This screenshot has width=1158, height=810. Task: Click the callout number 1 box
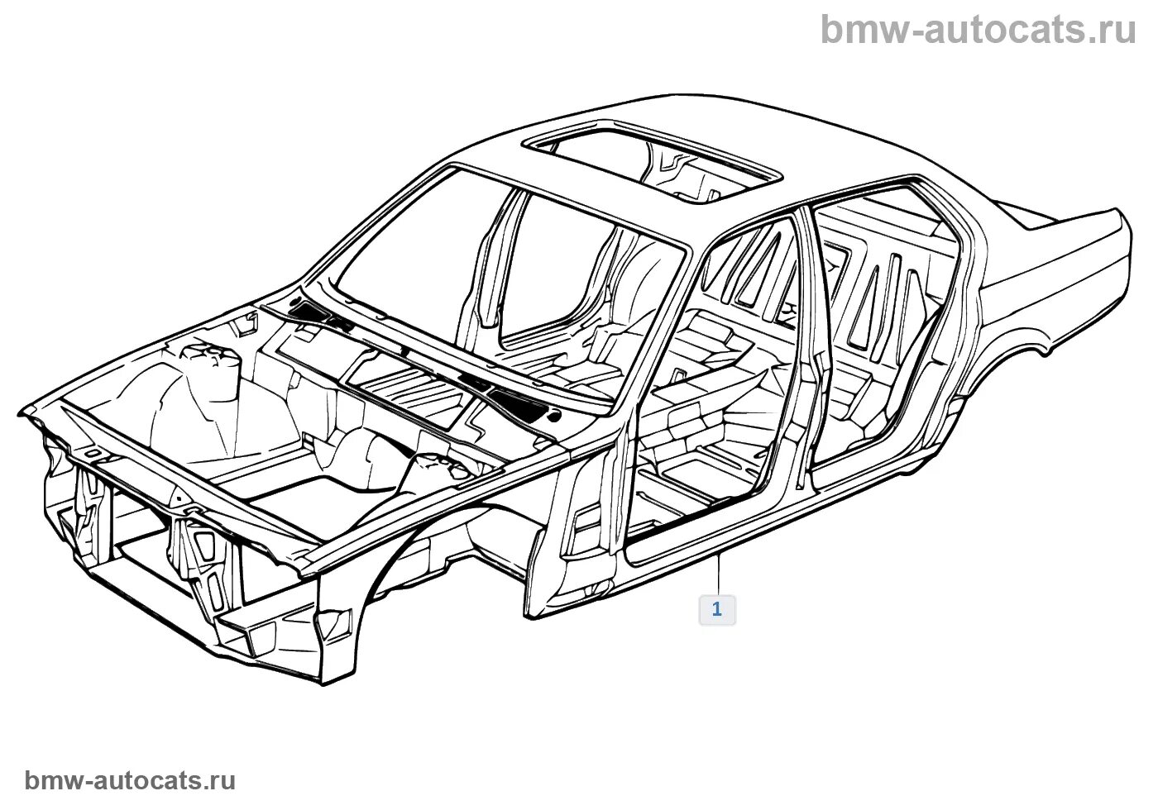pyautogui.click(x=716, y=610)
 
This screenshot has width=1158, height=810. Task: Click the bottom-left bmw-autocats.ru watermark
pyautogui.click(x=131, y=780)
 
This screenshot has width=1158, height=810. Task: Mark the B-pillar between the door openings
pyautogui.click(x=814, y=347)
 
